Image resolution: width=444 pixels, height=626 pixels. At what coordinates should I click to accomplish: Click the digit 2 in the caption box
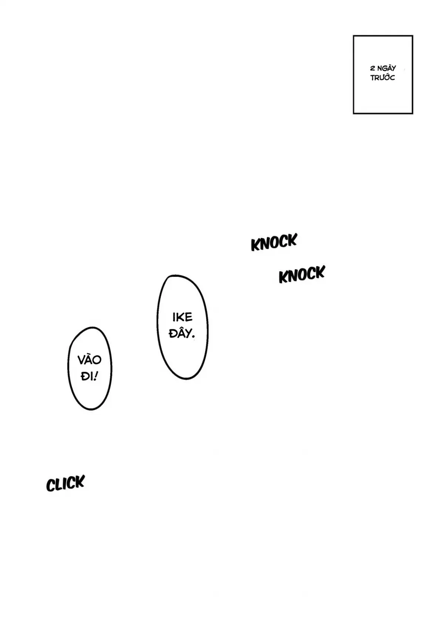point(373,68)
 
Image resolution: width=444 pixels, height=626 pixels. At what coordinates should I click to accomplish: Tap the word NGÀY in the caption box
point(387,68)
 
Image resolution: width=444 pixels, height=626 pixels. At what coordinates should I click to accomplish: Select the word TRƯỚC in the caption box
point(383,78)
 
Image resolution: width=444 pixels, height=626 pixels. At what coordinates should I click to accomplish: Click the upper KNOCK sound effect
point(274,242)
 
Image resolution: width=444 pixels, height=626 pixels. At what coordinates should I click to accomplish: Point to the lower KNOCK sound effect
point(302,275)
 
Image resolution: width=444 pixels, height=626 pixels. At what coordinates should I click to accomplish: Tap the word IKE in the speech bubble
point(182,317)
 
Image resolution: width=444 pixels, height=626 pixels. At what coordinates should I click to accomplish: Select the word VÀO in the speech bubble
point(90,360)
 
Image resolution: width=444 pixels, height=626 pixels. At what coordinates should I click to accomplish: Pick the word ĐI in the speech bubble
point(87,377)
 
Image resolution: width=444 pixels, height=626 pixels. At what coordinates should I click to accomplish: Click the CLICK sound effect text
point(65,483)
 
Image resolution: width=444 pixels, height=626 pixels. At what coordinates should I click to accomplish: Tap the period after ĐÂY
point(194,337)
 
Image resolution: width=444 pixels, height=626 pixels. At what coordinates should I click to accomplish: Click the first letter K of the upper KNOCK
point(255,245)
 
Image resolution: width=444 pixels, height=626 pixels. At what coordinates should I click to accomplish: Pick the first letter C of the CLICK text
point(51,485)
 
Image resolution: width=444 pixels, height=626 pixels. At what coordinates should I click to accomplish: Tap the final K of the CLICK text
point(80,482)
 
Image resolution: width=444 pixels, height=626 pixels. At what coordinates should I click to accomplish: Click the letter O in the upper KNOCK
point(275,243)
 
